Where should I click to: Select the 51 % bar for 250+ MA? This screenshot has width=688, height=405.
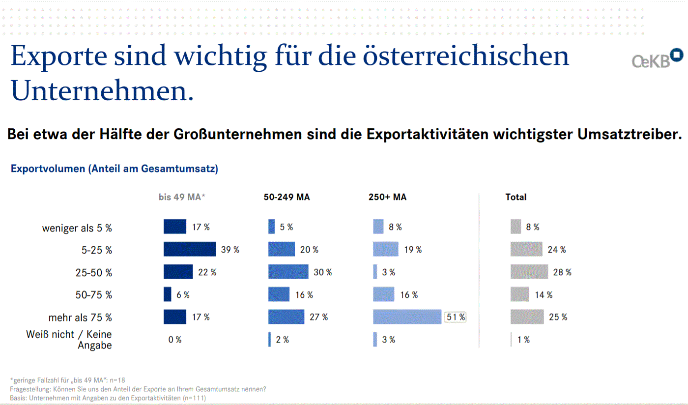pos(407,317)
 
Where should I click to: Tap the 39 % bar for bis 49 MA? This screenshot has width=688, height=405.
pos(190,249)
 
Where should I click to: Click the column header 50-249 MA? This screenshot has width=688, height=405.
pos(287,197)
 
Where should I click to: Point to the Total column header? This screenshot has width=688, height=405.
pos(516,197)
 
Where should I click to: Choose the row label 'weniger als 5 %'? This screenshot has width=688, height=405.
pos(77,228)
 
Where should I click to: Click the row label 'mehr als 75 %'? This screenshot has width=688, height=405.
pos(80,318)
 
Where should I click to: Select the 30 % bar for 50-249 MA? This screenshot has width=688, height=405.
pos(288,272)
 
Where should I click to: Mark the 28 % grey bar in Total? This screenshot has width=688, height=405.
pos(529,272)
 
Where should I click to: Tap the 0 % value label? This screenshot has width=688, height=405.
pos(175,340)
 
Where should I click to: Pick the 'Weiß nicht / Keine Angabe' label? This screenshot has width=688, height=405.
pos(69,340)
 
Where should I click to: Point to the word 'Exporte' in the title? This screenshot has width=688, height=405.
pos(59,57)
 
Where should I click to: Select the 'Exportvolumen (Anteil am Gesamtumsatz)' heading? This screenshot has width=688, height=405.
pos(115,169)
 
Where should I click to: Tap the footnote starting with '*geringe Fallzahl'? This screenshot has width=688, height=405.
pos(67,380)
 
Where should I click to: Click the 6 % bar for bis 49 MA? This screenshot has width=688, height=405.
pos(168,294)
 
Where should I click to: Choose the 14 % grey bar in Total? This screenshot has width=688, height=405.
pos(520,294)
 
